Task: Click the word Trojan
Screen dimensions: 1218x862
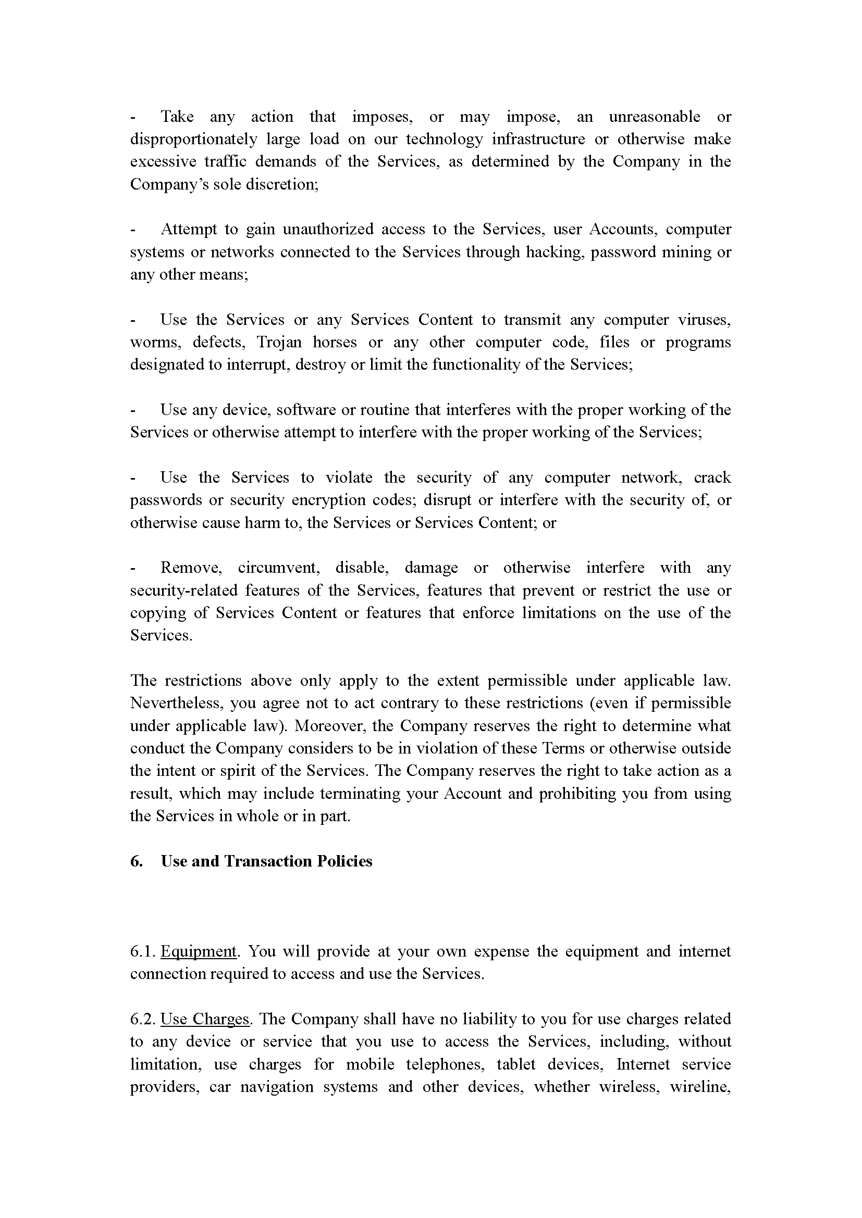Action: tap(279, 342)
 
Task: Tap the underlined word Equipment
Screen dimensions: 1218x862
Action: tap(199, 951)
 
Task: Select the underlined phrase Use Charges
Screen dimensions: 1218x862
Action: tap(204, 1019)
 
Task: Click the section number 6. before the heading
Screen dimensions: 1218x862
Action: tap(137, 861)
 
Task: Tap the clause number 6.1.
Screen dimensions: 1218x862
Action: tap(142, 951)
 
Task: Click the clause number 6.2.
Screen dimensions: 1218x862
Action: tap(142, 1019)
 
